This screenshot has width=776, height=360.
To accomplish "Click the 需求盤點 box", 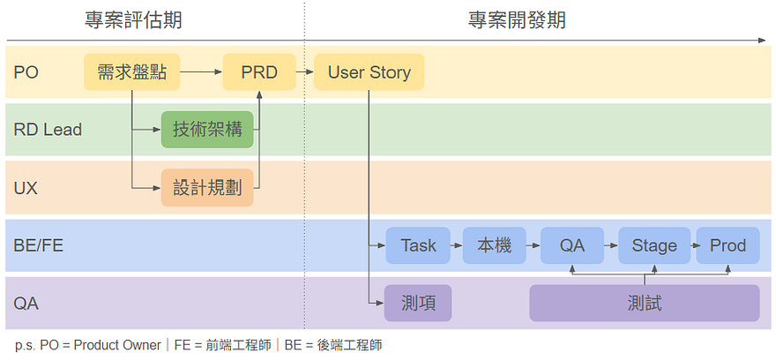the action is point(131,71).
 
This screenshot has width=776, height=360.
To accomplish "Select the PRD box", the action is point(259,71).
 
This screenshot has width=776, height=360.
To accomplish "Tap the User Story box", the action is point(369,71).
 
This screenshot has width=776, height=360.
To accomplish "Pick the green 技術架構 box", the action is point(207,130).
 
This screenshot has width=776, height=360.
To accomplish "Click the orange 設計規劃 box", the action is point(207,188).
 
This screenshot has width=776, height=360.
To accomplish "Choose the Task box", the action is point(418,245).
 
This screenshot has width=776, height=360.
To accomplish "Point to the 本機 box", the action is point(495,245).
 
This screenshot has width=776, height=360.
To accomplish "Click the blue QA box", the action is point(572,245).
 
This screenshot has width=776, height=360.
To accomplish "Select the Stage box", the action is point(654,245).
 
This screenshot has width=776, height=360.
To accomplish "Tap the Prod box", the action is point(728,245).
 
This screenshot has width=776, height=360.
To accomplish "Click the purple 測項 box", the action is point(418,303).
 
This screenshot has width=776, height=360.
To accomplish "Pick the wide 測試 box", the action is point(645,303).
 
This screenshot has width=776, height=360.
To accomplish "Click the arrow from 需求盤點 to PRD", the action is point(201,71).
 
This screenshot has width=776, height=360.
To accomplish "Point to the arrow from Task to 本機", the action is point(456,245).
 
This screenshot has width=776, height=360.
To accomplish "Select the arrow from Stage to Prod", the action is point(693,245).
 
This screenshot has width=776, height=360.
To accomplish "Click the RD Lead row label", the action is point(48,130).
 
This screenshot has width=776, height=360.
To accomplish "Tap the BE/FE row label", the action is point(38,245).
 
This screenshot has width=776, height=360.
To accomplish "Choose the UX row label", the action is point(26,188).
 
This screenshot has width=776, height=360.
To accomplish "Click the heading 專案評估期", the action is point(132,20).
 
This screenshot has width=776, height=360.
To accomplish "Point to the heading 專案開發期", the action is point(517,20).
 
